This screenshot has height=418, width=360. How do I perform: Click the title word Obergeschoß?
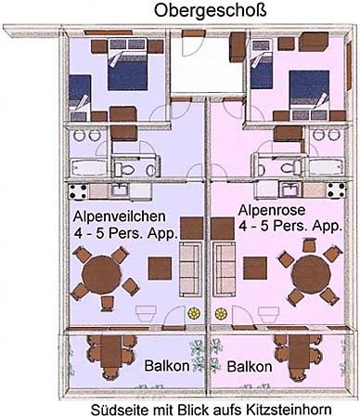(210, 10)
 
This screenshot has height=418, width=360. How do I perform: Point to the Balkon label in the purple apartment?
(167, 366)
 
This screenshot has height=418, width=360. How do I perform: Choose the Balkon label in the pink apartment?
(250, 367)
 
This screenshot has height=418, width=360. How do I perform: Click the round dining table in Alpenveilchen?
(102, 275)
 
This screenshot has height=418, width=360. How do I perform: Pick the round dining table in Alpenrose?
(312, 274)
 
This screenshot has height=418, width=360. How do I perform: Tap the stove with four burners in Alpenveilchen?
(78, 191)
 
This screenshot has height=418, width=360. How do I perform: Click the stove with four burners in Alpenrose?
(337, 190)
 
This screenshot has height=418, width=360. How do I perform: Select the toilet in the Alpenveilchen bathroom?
(124, 169)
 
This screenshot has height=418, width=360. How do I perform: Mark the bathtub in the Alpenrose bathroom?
(327, 166)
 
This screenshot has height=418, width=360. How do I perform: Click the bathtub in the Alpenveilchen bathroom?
(88, 168)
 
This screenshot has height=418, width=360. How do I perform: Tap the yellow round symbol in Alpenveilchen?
(194, 313)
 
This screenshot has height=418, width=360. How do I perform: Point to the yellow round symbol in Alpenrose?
(221, 314)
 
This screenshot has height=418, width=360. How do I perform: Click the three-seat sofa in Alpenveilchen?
(190, 269)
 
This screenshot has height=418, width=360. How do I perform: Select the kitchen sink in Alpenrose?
(290, 189)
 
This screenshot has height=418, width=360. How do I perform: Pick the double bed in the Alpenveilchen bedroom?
(127, 64)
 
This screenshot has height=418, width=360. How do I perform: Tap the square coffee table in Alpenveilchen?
(160, 268)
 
